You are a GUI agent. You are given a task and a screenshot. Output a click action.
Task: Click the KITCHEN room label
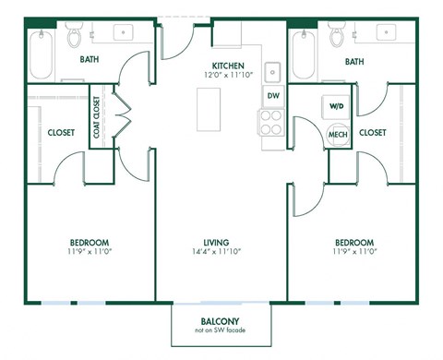pos(227,65)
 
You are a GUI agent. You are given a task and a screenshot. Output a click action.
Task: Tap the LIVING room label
pos(221,244)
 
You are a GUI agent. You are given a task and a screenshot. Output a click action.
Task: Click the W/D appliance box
pos(335,106)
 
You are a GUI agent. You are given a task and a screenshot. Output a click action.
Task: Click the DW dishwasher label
pos(273,95)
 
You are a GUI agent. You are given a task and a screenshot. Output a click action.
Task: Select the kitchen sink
pos(273,72)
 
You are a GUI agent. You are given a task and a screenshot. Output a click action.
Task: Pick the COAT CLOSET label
pos(97,119)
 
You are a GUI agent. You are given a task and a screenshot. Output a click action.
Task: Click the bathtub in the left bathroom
pos(39,55)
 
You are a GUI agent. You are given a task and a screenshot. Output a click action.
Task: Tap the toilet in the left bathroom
pos(75,38)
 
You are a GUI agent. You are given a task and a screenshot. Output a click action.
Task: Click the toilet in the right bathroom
pos(338,38)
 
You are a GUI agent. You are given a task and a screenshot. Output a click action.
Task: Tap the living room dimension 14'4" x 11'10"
pos(221,253)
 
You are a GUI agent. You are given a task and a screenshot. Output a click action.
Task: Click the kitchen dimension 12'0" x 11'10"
pos(227,75)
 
